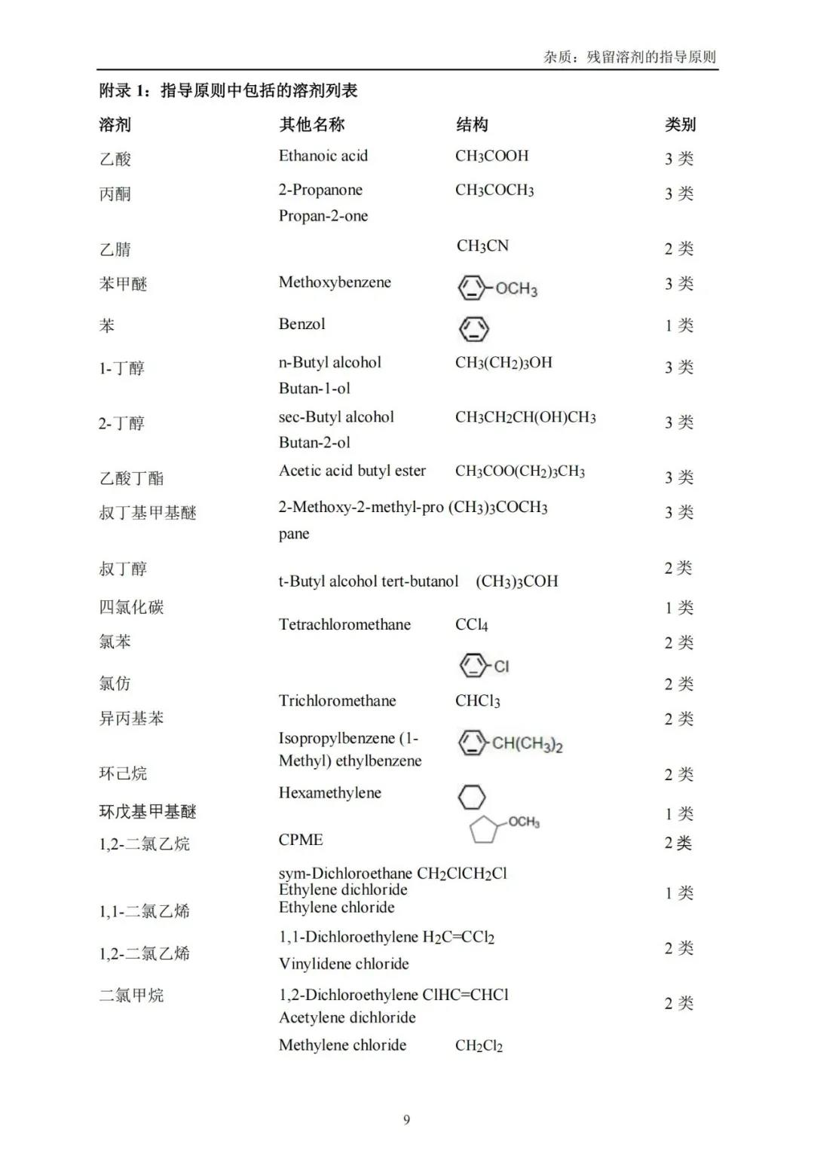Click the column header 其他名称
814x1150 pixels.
point(311,125)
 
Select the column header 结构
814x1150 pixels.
point(472,125)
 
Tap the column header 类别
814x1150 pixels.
point(680,125)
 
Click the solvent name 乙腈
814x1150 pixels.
point(115,249)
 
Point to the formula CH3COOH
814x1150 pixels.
point(491,156)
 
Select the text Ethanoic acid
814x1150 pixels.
point(323,156)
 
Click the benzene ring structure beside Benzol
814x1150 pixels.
point(473,329)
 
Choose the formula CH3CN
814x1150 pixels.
point(482,246)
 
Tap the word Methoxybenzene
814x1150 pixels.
point(335,282)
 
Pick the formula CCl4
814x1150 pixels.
point(472,625)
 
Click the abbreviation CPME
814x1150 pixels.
point(301,840)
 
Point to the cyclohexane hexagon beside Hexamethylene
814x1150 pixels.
point(472,797)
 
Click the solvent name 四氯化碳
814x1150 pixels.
point(131,607)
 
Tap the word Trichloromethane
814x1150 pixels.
point(337,701)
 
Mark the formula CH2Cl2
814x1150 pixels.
point(479,1045)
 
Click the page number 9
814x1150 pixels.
point(407,1120)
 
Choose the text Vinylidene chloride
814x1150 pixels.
point(344,964)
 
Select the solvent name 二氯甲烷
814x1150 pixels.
point(131,996)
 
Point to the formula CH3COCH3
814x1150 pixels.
point(494,191)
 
